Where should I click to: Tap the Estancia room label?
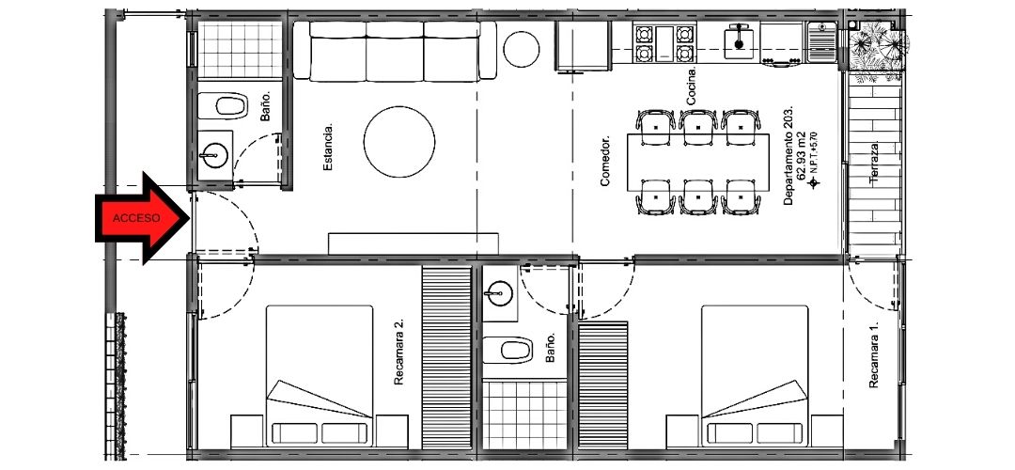pos(328,148)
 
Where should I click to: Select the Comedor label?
pos(605,161)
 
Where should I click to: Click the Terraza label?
pos(875,165)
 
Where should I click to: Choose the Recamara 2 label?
pos(398,352)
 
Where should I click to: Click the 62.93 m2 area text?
pos(801,156)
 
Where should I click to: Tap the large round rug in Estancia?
pos(398,142)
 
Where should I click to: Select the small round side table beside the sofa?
pos(521,49)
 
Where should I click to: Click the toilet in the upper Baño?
pos(224,106)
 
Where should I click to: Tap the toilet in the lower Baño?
pos(507,351)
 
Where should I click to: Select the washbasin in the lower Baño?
pos(500,293)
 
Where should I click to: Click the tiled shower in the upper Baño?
pos(240,50)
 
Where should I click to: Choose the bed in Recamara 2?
pos(320,375)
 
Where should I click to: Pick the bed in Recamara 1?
pos(755,375)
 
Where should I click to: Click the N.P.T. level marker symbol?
pos(814,183)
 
